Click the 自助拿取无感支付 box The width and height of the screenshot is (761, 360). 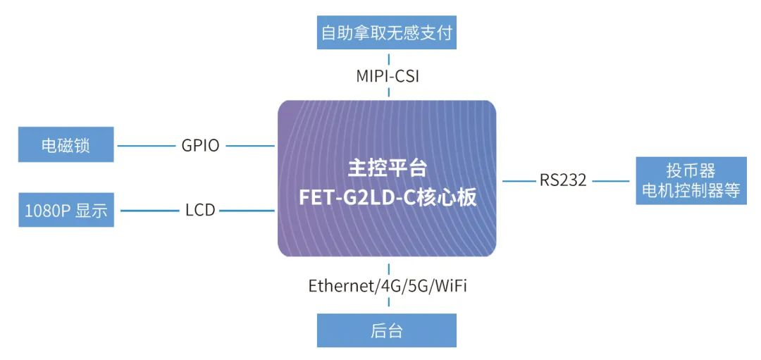coord(387,33)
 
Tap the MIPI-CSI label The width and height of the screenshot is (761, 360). coord(388,76)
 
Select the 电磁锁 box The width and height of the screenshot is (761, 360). coord(66,146)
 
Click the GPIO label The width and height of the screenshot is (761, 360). coord(200,146)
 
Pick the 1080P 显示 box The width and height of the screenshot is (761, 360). coord(66,210)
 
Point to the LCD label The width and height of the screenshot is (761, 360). coord(200,210)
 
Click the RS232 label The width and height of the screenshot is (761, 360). coord(563,180)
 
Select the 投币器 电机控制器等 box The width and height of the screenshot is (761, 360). coord(691,180)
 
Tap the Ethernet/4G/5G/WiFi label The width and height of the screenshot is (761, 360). coord(388,286)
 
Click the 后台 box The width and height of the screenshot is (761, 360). coord(387,330)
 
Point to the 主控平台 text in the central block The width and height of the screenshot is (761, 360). coord(388,168)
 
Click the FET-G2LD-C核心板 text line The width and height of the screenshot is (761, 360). coord(388,197)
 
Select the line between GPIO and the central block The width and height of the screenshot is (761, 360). coord(249,146)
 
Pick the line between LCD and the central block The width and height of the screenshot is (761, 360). coord(247,210)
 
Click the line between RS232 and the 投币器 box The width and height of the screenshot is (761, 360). coord(611,180)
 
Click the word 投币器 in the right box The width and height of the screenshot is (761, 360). coord(691,171)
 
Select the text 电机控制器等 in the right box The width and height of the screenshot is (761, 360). coord(691,190)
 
